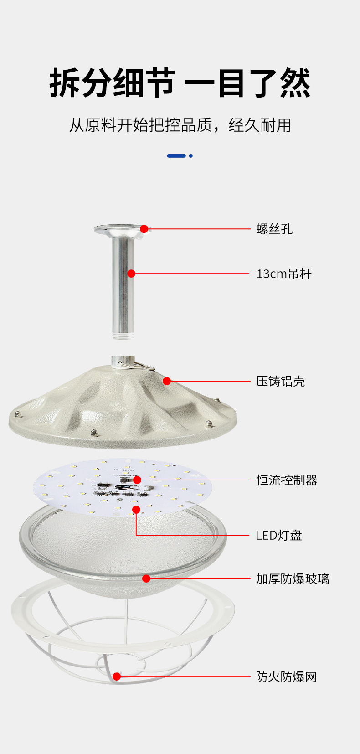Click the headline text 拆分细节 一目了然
[x=180, y=83]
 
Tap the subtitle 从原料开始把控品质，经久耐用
[x=180, y=125]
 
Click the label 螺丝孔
[x=274, y=229]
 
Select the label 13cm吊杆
[x=284, y=274]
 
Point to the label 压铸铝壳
[x=280, y=381]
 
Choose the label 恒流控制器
[x=287, y=480]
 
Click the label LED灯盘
[x=278, y=535]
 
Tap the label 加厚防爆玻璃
[x=292, y=578]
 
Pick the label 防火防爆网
[x=286, y=677]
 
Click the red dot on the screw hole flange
[x=144, y=229]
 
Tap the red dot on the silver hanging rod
[x=131, y=274]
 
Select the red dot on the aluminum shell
[x=167, y=381]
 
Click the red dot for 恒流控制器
[x=137, y=480]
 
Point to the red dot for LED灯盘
[x=136, y=509]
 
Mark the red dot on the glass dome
[x=146, y=578]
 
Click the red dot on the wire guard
[x=117, y=677]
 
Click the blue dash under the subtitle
[x=176, y=156]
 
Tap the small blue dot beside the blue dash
[x=191, y=156]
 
